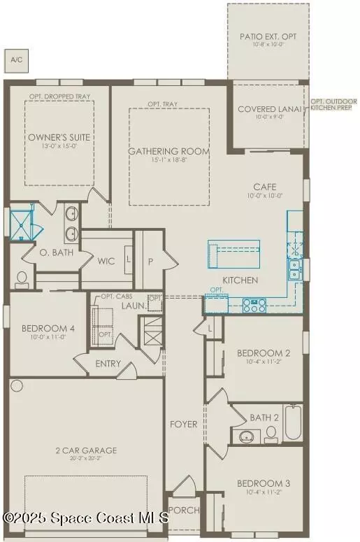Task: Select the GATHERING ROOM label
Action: [168, 151]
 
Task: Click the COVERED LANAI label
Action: [268, 110]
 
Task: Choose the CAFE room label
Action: [265, 187]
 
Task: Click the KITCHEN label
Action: [239, 280]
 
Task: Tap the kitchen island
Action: [233, 252]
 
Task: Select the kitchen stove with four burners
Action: [253, 304]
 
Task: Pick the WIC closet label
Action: [106, 261]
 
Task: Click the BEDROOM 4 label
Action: [48, 329]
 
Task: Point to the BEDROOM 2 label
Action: [263, 353]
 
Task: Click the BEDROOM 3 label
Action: [263, 483]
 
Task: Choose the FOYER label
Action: [183, 425]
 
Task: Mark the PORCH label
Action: [184, 511]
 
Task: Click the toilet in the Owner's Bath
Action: [22, 279]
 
